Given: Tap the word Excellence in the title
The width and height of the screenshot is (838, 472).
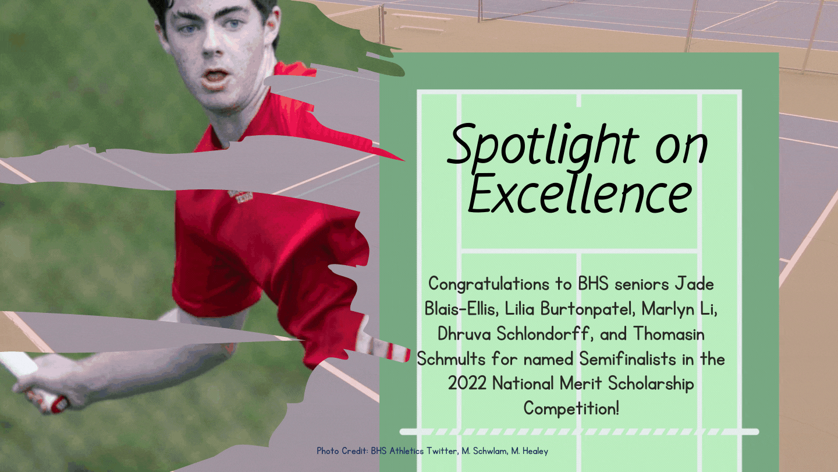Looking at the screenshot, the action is click(x=580, y=195).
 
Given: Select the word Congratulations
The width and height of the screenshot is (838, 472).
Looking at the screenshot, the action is click(x=488, y=284).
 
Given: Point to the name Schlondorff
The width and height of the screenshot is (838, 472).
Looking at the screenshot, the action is click(x=545, y=334).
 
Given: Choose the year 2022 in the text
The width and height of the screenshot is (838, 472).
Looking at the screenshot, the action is click(x=467, y=383).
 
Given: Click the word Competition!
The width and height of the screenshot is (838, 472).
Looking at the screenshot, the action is click(x=571, y=408).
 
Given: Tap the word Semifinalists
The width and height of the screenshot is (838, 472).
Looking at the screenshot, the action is click(x=627, y=359).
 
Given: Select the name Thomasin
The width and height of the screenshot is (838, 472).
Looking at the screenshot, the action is click(x=669, y=334).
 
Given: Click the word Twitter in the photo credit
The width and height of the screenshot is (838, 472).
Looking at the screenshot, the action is click(x=442, y=451).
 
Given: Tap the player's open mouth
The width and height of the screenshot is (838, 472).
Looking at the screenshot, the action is click(x=215, y=77).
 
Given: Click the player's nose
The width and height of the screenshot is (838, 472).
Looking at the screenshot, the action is click(x=212, y=47).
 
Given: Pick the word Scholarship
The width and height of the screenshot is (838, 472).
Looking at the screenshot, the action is click(x=651, y=383).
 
